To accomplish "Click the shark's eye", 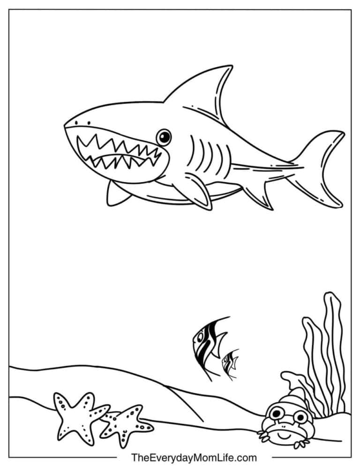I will [x=163, y=136].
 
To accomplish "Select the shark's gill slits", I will [x=207, y=155].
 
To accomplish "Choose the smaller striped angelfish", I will [x=230, y=364].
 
